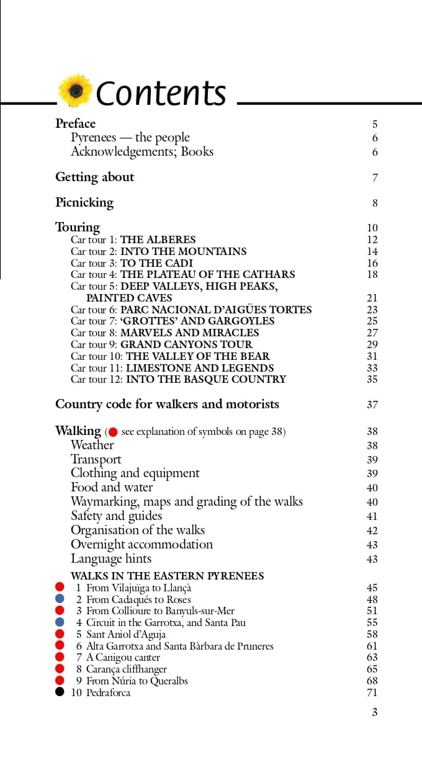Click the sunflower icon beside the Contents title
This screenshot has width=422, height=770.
76,91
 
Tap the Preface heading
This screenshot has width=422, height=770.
75,123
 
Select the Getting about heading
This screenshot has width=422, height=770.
94,177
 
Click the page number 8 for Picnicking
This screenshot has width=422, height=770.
375,203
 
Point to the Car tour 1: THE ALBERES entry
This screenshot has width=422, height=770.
133,240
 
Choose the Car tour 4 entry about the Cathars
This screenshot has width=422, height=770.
182,274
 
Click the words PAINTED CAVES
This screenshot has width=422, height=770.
129,298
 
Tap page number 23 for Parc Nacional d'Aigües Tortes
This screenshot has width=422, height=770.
372,310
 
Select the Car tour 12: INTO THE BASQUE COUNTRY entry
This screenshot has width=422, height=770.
178,379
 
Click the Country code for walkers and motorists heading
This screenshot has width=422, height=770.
167,404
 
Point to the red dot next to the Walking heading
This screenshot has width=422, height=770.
113,432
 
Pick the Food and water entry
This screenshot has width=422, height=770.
112,487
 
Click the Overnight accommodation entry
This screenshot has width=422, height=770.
141,544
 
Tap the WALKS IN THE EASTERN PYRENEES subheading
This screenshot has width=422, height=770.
167,576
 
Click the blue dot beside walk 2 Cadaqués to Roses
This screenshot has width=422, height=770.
60,599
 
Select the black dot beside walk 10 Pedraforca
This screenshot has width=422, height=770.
60,692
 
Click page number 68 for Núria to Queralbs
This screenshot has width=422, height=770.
372,681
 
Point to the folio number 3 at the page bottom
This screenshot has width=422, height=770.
374,712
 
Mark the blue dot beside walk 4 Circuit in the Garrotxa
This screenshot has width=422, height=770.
60,622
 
